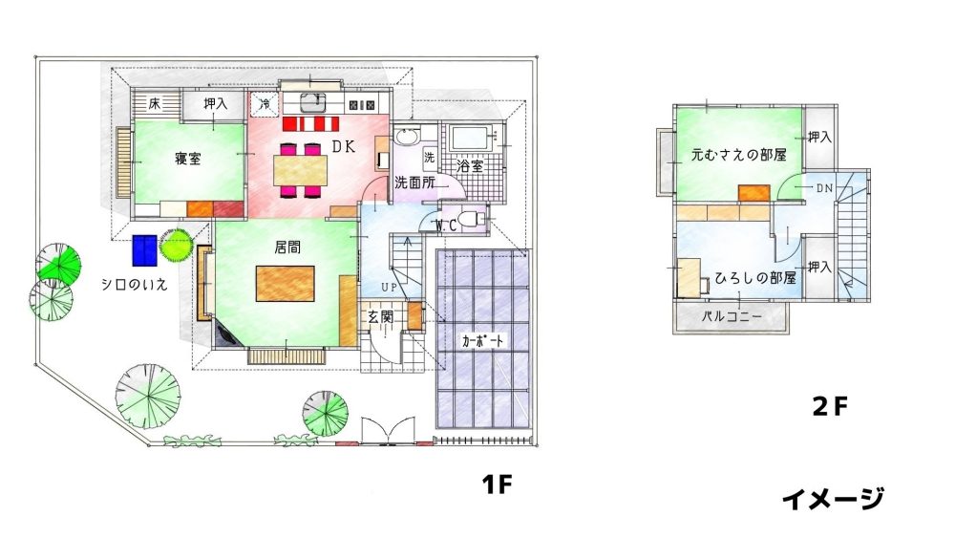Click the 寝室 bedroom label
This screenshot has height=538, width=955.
[x=187, y=159]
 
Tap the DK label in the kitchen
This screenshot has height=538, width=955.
[x=344, y=145]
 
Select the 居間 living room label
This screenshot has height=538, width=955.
[x=287, y=247]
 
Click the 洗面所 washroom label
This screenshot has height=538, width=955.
[x=415, y=183]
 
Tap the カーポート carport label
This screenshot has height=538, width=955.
[x=482, y=340]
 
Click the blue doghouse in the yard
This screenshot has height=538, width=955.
[x=144, y=249]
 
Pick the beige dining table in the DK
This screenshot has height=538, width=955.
[x=299, y=169]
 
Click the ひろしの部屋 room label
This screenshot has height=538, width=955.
[x=755, y=279]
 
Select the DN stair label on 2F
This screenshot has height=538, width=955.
[x=824, y=188]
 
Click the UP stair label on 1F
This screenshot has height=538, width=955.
[x=391, y=287]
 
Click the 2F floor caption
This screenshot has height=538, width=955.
[x=829, y=408]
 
